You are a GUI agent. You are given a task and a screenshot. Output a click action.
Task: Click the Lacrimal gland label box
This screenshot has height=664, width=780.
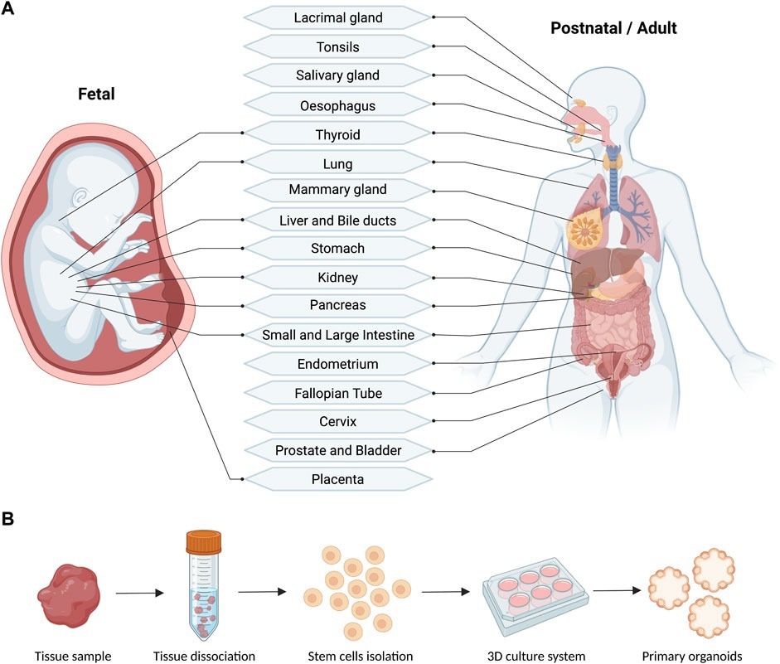coord(337,17)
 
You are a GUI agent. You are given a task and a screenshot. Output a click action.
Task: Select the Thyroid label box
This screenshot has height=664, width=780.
coord(337,134)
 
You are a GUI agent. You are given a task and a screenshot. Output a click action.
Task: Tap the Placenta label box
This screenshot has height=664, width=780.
coord(337,479)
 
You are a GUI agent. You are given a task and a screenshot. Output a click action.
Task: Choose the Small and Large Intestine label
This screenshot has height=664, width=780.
coord(337,335)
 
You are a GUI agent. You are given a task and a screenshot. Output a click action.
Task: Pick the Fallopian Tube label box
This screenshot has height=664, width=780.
coord(337,393)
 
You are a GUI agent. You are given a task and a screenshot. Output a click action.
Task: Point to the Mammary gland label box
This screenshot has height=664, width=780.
coord(337,190)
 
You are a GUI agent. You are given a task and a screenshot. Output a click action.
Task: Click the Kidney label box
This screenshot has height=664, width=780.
coord(337,278)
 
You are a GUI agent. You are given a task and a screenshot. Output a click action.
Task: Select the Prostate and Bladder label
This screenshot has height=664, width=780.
coord(337,450)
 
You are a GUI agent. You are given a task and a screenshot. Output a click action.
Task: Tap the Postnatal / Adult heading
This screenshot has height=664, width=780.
coord(613,29)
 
